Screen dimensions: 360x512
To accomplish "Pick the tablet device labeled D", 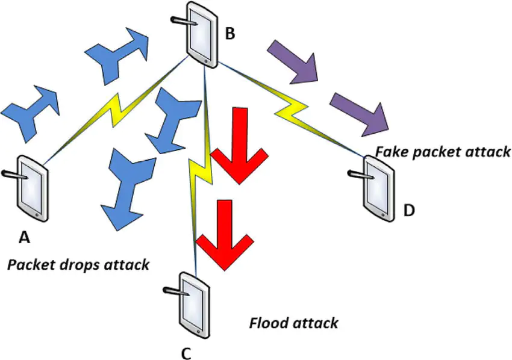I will (378, 186).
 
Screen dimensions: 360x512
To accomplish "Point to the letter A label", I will (24, 238).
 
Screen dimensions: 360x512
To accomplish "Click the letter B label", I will (229, 34).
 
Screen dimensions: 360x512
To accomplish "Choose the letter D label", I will (409, 211).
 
